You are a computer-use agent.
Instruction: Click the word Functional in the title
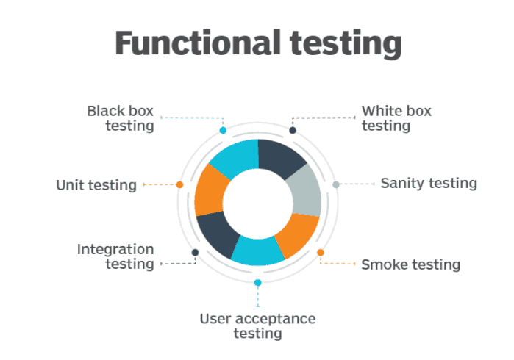198,43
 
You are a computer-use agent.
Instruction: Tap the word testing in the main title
346,45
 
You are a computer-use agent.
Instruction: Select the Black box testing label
121,118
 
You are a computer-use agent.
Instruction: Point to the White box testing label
396,118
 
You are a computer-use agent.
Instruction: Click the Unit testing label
96,185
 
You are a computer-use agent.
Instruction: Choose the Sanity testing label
429,183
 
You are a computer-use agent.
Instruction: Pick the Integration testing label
115,256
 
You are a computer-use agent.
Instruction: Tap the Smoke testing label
411,264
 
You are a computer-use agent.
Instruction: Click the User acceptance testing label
257,326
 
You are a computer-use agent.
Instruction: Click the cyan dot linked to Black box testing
224,130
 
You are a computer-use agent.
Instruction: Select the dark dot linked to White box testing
293,130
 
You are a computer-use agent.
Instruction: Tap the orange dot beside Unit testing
179,184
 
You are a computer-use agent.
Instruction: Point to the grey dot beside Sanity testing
336,184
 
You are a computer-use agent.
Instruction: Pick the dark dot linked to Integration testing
196,252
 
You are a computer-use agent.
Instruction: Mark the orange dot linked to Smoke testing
321,252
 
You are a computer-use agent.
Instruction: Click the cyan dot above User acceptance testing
258,282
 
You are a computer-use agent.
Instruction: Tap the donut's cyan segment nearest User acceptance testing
257,251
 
